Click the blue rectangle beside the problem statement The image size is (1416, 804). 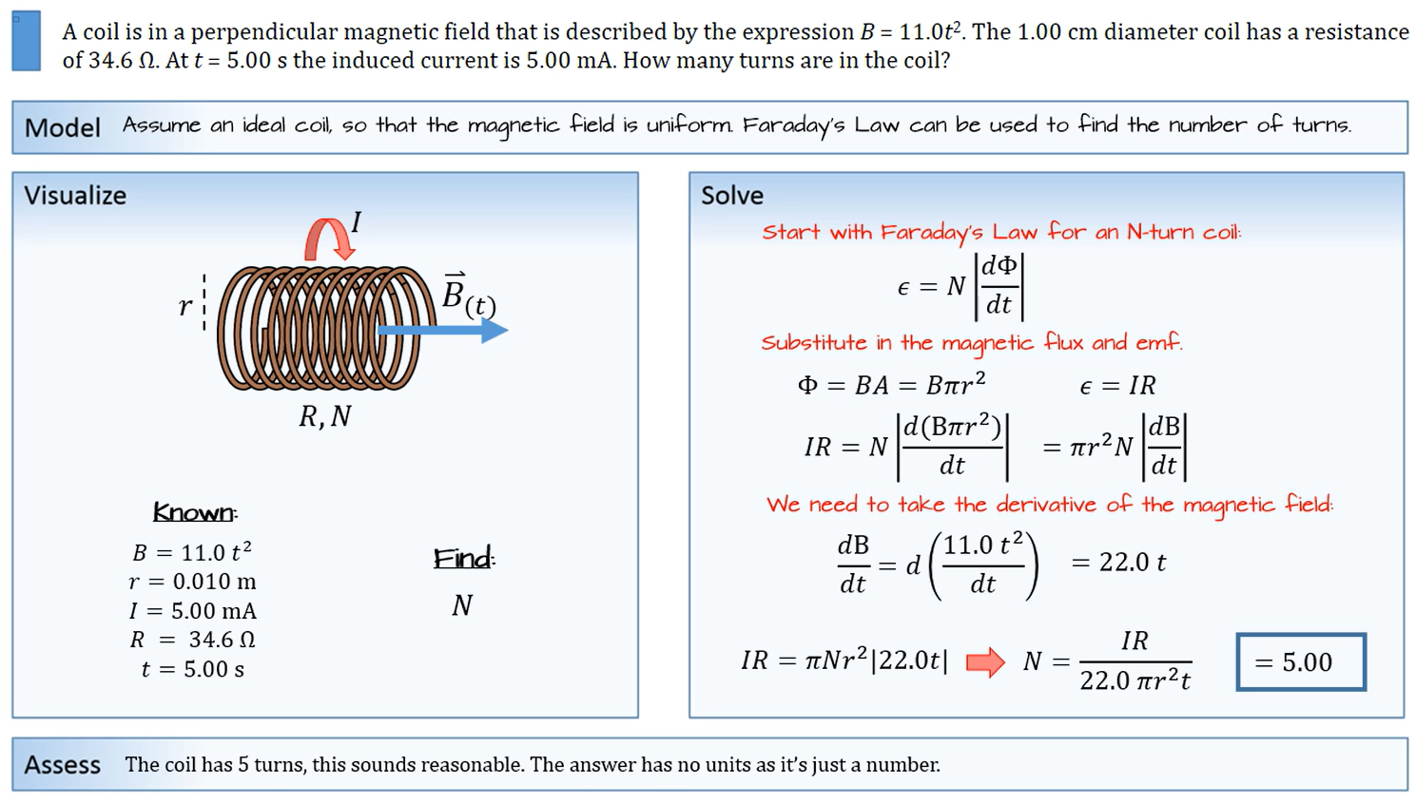click(x=27, y=41)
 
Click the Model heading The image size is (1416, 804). click(x=63, y=128)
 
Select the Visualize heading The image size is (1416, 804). click(x=75, y=196)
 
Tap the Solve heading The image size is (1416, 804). click(x=732, y=196)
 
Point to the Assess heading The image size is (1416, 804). click(x=63, y=765)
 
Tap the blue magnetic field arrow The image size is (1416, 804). click(x=443, y=330)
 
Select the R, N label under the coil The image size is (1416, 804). click(x=325, y=416)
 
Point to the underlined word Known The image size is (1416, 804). click(x=195, y=512)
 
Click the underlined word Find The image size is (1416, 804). click(x=464, y=558)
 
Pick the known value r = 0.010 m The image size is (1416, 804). click(x=192, y=581)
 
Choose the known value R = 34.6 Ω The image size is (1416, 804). click(x=192, y=640)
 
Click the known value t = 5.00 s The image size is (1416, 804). click(x=192, y=669)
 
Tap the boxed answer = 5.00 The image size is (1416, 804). click(x=1301, y=661)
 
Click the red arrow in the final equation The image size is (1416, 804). click(x=985, y=661)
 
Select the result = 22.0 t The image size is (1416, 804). click(x=1118, y=563)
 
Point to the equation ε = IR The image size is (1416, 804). click(x=1117, y=385)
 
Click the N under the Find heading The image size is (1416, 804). click(x=462, y=605)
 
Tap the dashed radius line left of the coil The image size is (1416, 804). click(x=204, y=303)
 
